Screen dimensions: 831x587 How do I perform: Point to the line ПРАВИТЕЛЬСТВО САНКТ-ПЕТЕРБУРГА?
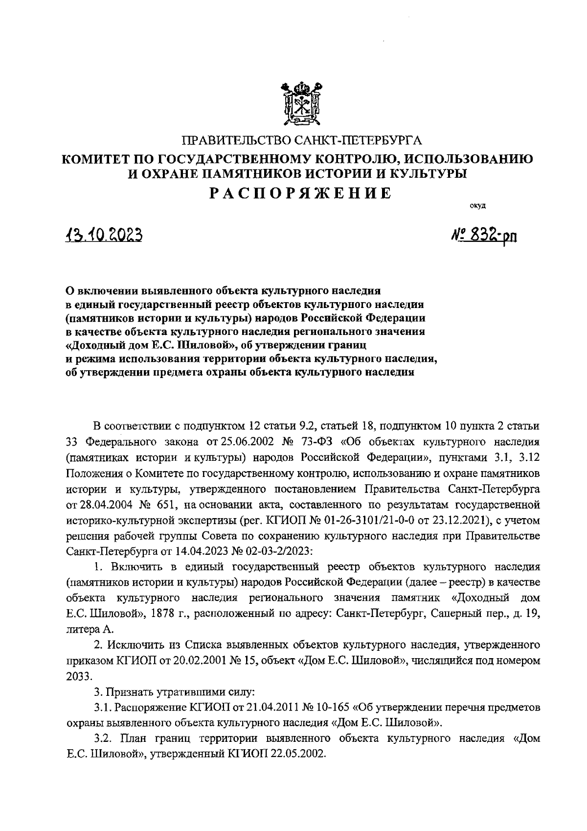(301, 142)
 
